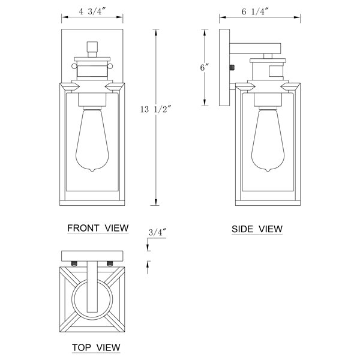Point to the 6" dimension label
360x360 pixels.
(x=205, y=68)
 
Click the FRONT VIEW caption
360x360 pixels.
(x=98, y=228)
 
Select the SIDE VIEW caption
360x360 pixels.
(x=257, y=229)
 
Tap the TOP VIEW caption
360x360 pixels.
(x=96, y=347)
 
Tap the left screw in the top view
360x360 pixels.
(x=74, y=263)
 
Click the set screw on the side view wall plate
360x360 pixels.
(x=232, y=68)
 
